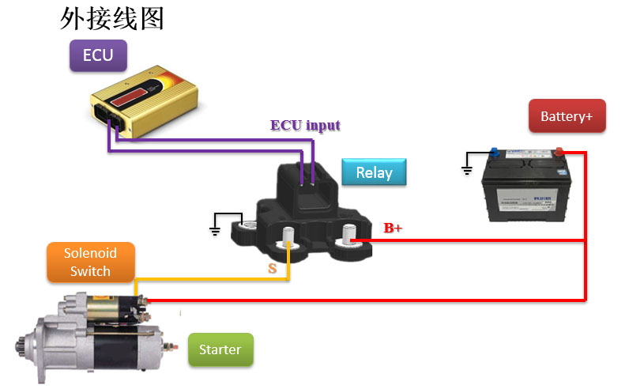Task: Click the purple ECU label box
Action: pyautogui.click(x=98, y=55)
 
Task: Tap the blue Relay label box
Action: pyautogui.click(x=374, y=173)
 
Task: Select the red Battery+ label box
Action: pyautogui.click(x=566, y=117)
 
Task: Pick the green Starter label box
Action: pyautogui.click(x=220, y=349)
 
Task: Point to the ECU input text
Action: pyautogui.click(x=305, y=126)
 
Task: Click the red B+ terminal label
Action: pyautogui.click(x=393, y=228)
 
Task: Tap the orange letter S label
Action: pyautogui.click(x=273, y=269)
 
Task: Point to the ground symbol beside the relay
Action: pyautogui.click(x=215, y=230)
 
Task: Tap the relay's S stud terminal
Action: pyautogui.click(x=289, y=236)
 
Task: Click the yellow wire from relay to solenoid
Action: pyautogui.click(x=213, y=280)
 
